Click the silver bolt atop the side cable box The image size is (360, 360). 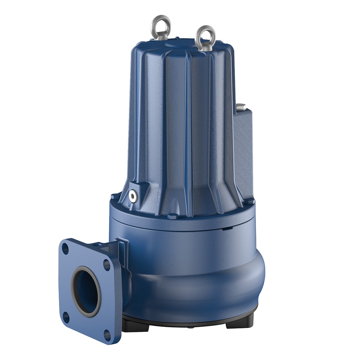click(241, 107)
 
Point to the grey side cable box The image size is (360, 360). click(243, 151)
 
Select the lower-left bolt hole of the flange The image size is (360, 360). click(66, 317)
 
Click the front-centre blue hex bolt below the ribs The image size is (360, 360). click(172, 216)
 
